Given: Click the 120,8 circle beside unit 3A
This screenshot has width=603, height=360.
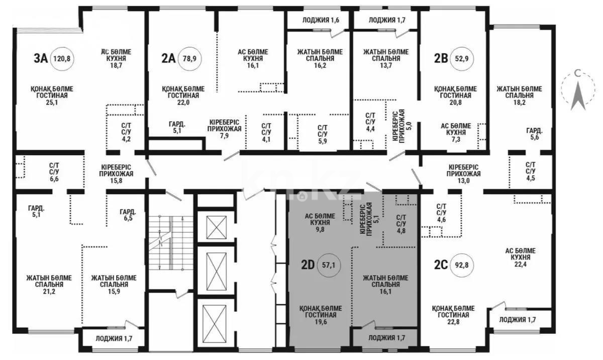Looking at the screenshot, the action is [62, 59].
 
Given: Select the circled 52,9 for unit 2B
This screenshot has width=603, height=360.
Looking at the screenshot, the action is [462, 59].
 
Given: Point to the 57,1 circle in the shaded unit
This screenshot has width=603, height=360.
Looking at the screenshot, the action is [329, 265].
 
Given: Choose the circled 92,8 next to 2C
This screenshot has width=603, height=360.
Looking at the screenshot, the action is [462, 265].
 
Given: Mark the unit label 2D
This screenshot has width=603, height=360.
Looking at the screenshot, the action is [308, 265].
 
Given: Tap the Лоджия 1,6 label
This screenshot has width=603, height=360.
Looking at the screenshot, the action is [321, 20].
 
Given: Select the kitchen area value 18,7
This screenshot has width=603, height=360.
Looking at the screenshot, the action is [116, 65].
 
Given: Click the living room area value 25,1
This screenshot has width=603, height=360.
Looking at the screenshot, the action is [52, 103].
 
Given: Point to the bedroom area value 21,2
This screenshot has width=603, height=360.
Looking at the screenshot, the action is [49, 292].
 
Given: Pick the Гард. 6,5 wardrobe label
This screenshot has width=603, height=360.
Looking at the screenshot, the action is [128, 215].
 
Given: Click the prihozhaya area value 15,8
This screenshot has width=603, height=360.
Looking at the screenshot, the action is [116, 181].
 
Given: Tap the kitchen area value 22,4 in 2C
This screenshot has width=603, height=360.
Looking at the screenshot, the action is [521, 264].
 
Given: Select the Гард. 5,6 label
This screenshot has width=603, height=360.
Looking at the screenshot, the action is [535, 134].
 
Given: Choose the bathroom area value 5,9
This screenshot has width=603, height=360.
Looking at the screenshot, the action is [323, 141].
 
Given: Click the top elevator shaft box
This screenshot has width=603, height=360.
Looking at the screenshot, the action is [217, 227].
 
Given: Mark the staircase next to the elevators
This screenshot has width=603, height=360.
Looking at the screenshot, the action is [171, 243].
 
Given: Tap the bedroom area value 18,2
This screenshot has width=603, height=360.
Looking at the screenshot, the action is [519, 103].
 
